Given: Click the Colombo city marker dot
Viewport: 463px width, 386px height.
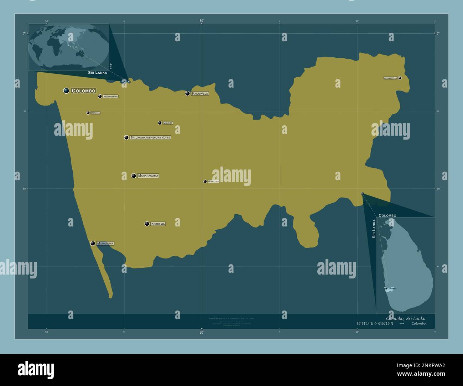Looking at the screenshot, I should tap(66, 90).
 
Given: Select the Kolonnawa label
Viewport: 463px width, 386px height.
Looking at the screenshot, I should tap(110, 96).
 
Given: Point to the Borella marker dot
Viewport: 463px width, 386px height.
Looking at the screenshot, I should tap(88, 113).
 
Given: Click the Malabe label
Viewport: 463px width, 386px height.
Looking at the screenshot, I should tap(167, 123).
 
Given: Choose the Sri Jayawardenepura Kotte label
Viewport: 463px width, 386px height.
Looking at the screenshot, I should tap(150, 137).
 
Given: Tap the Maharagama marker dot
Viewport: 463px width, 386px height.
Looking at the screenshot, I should tap(134, 176).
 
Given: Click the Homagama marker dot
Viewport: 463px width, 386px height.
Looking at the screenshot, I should tap(205, 181).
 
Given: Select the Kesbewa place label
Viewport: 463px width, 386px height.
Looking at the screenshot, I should tap(158, 224).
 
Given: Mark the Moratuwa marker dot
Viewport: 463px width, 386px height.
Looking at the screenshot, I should tap(93, 244).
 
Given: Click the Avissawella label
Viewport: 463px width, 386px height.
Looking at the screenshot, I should tap(390, 78).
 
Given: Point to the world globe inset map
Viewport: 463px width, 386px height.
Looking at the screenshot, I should tap(69, 47).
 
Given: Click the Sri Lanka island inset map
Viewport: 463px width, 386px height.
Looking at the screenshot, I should tap(406, 265).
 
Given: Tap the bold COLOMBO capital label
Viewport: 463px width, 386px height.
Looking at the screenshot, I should tap(83, 91).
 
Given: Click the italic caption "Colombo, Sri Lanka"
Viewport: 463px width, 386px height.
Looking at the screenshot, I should tap(405, 318).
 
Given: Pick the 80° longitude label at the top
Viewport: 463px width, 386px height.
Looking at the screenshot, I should tap(202, 21).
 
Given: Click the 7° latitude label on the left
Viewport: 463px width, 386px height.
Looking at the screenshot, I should tap(24, 33).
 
